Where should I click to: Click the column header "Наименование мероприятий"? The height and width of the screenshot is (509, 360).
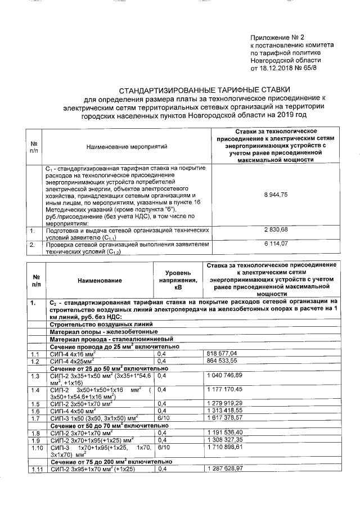tap(127, 146)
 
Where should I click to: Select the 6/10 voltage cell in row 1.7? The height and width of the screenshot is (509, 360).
tap(163, 419)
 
